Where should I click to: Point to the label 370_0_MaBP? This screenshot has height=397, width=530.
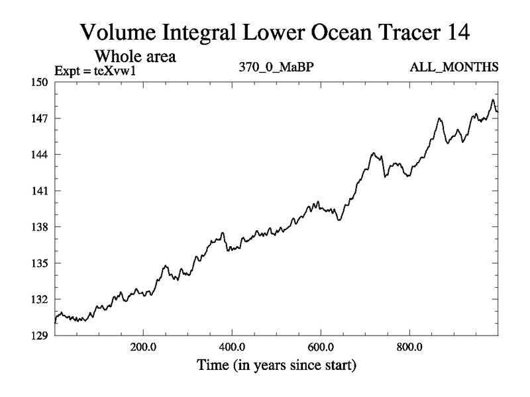[x=271, y=67]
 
